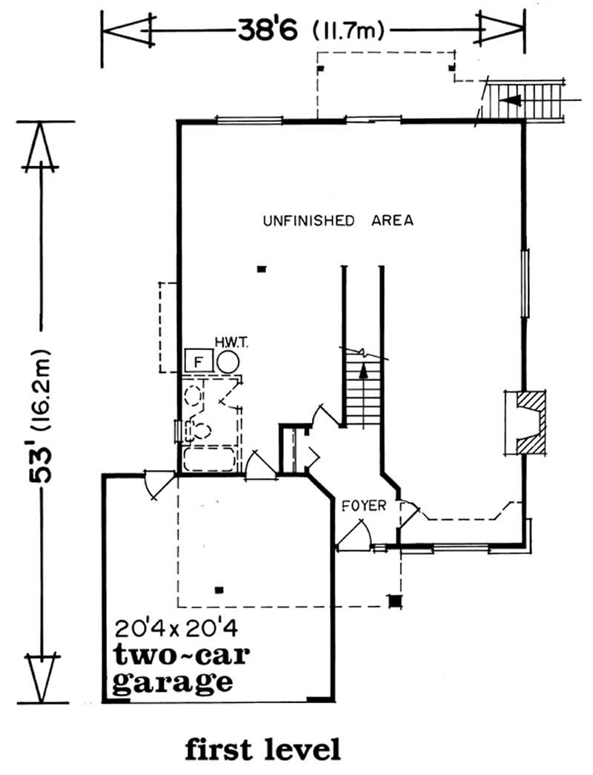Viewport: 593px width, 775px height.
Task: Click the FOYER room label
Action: click(364, 506)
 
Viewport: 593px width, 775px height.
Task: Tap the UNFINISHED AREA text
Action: click(338, 220)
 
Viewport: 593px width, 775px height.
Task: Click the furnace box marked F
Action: click(197, 361)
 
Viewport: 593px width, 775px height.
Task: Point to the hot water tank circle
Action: click(228, 362)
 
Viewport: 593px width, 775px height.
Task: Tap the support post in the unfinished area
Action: click(261, 270)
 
